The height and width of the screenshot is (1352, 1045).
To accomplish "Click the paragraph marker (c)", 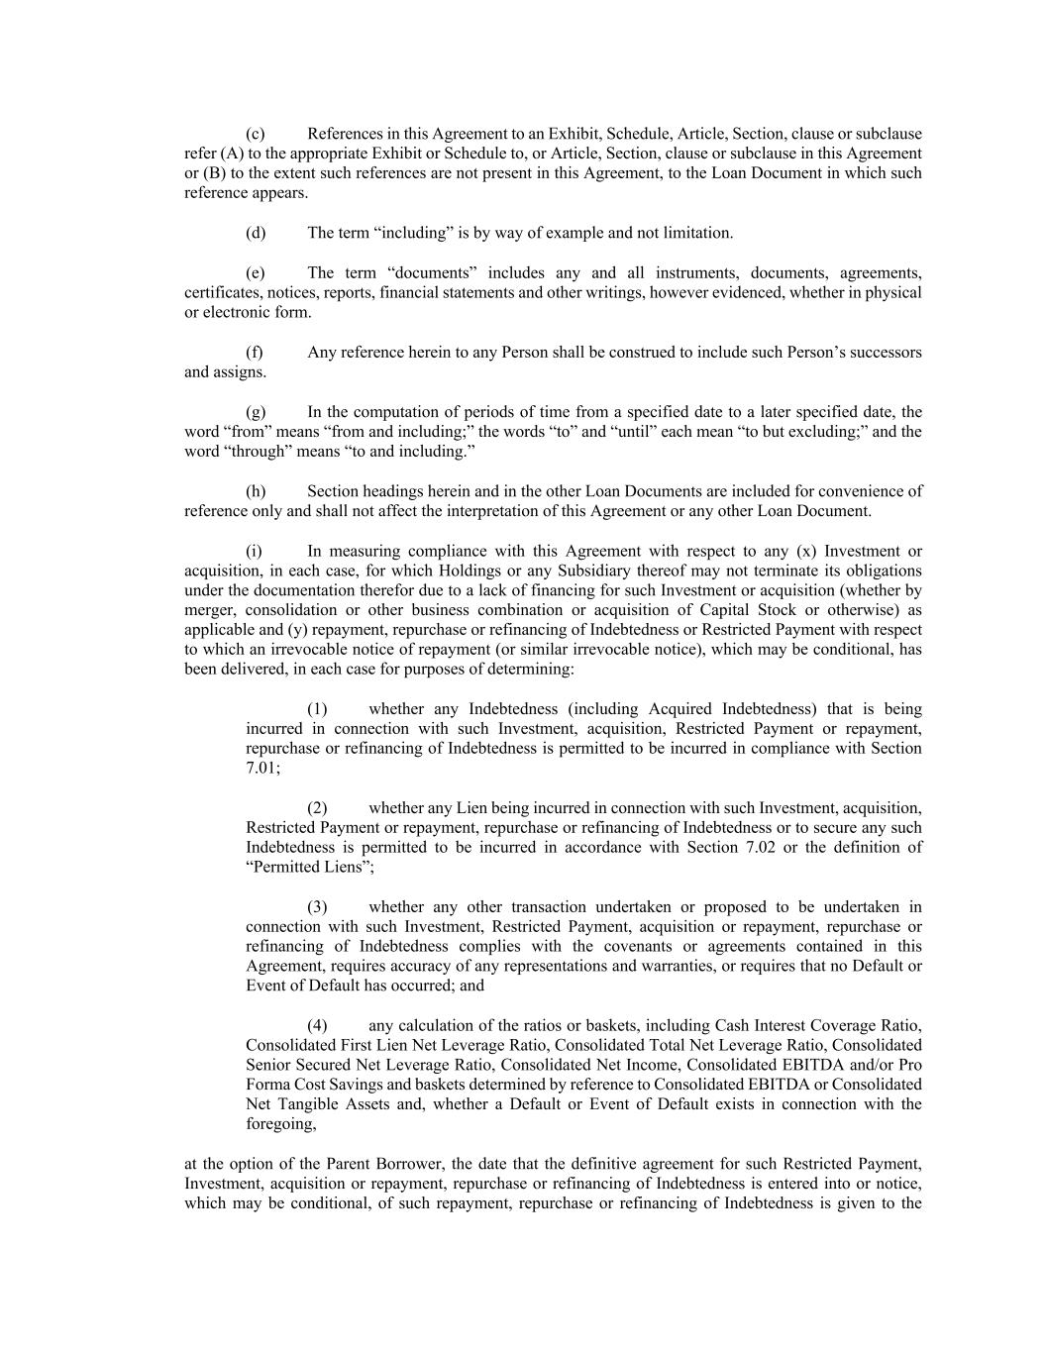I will click(255, 134).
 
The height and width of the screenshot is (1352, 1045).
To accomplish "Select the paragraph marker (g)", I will click(256, 412).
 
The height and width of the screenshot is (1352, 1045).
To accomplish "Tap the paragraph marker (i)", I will click(254, 551).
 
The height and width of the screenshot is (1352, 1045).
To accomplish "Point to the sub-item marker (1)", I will click(317, 709).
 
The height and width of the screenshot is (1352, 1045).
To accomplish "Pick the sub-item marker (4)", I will click(317, 1026).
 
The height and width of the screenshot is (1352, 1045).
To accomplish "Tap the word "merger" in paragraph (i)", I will click(206, 610).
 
